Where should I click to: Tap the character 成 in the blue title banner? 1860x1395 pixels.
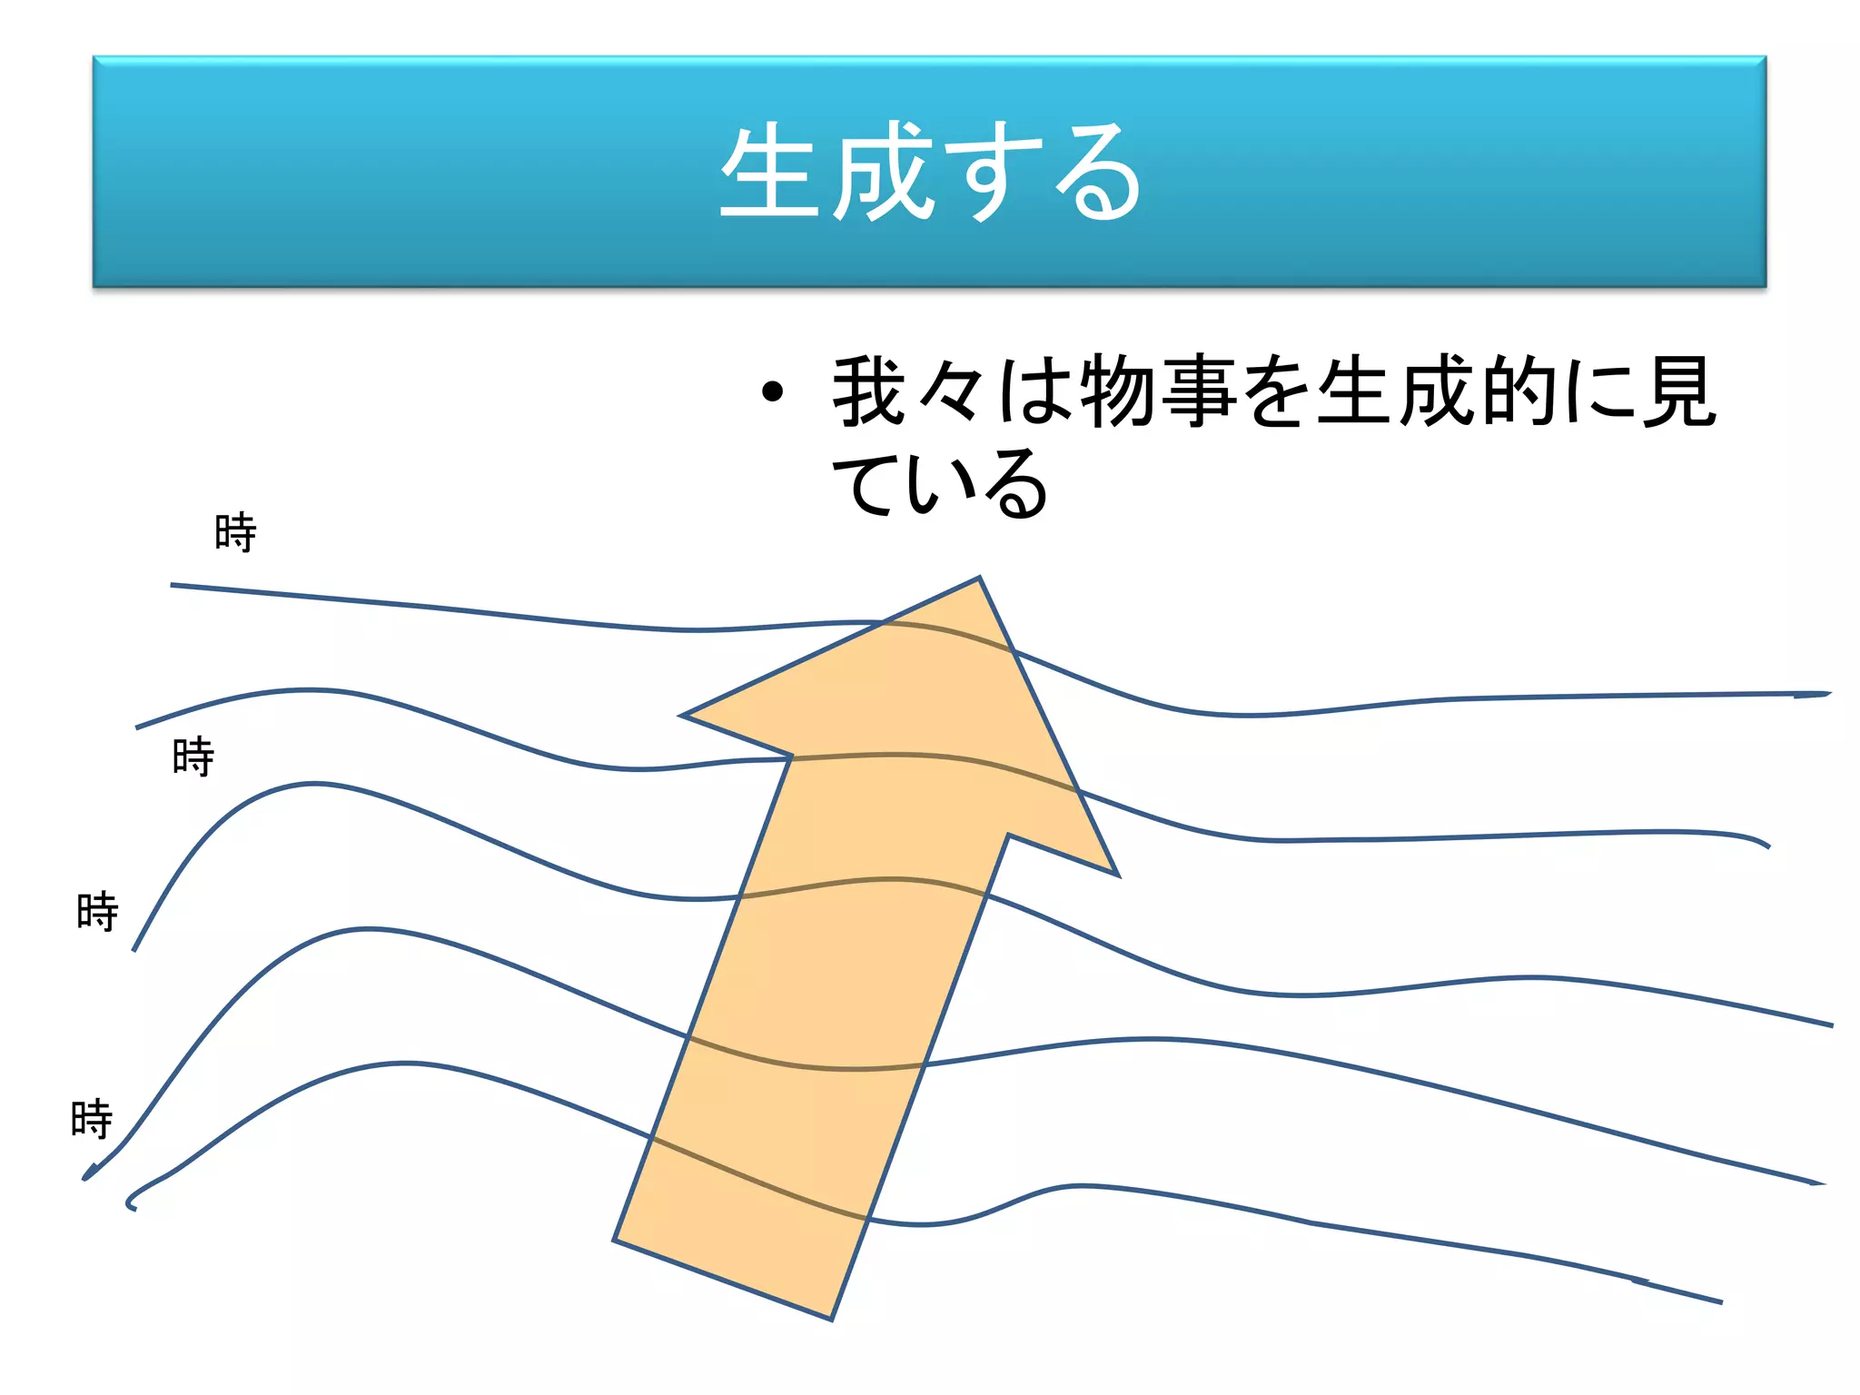point(885,173)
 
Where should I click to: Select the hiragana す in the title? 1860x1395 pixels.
point(992,173)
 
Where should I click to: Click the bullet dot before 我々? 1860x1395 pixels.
point(772,392)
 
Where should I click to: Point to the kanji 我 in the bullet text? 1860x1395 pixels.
point(869,392)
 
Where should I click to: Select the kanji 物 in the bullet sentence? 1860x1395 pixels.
point(1119,392)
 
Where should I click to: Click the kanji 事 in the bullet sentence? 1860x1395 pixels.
point(1199,392)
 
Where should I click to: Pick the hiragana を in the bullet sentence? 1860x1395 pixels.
point(1279,392)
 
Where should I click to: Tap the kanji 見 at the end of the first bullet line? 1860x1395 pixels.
point(1680,392)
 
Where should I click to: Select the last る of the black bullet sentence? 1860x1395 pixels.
point(1017,483)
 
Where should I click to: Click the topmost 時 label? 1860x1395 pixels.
point(235,532)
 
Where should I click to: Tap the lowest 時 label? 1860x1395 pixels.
point(92,1119)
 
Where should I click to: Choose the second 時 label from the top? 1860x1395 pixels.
point(193,757)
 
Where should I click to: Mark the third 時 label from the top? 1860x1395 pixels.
point(97,911)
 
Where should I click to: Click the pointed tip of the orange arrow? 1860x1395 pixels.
point(978,579)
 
